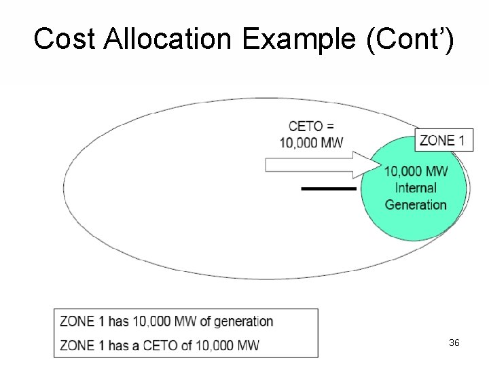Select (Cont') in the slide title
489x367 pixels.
[410, 39]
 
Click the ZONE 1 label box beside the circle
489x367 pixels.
[443, 141]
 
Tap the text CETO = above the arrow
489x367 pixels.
[311, 126]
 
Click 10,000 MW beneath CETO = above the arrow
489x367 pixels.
[311, 143]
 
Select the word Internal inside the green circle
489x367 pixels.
[415, 188]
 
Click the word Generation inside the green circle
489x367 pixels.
[415, 204]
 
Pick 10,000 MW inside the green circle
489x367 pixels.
[416, 171]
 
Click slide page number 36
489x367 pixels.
[454, 343]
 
